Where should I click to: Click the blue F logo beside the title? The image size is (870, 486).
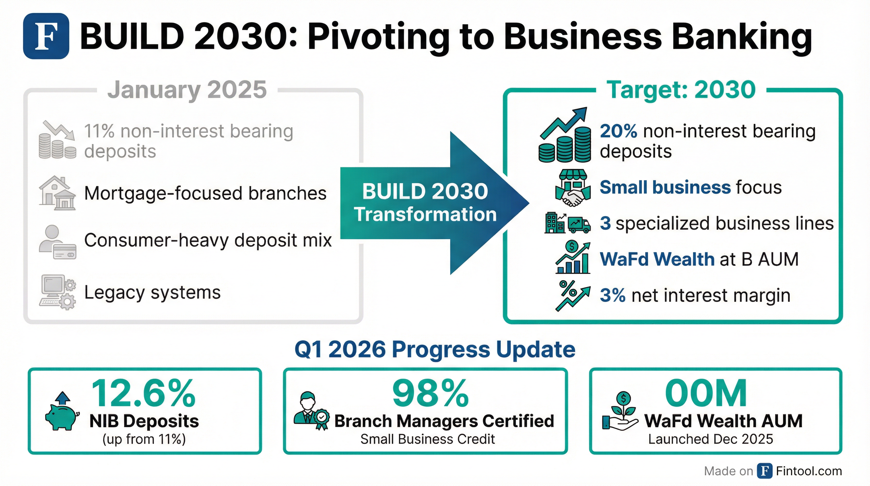[x=46, y=36]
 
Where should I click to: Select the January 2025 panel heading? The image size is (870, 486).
[x=187, y=90]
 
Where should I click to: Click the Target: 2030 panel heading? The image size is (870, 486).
[x=681, y=90]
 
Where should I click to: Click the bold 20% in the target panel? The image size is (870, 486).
[x=618, y=131]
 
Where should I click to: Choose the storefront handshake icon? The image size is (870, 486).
[x=573, y=188]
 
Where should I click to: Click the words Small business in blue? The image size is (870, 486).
[x=665, y=187]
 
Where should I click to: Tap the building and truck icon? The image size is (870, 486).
[x=567, y=223]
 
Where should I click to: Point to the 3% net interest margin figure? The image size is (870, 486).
[x=612, y=296]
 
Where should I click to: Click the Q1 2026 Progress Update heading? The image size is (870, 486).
[x=435, y=349]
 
